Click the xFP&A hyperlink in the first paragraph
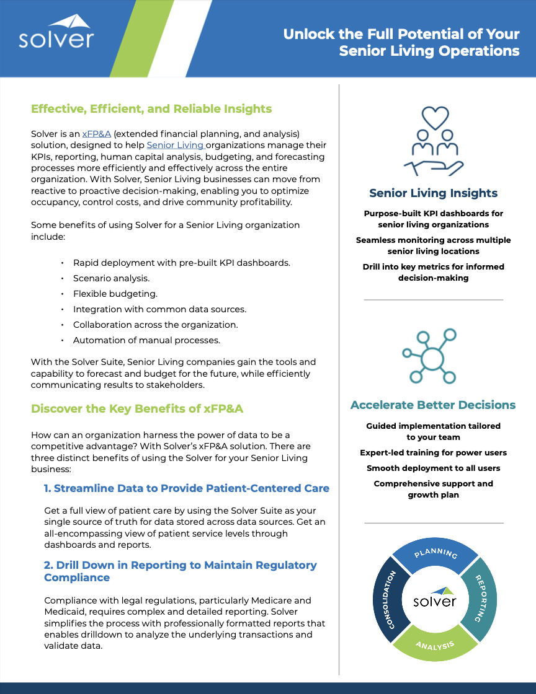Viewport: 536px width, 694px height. [x=96, y=134]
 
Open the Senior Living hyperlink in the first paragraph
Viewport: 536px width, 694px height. [x=176, y=145]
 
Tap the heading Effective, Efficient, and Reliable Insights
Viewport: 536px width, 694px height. [x=151, y=109]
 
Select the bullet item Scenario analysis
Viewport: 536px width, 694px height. [x=111, y=278]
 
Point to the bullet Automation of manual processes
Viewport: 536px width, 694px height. [x=146, y=340]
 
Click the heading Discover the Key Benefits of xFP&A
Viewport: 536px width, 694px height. [x=141, y=408]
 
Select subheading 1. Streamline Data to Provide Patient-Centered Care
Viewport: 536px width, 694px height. [x=186, y=488]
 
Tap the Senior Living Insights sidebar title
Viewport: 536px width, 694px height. [x=433, y=193]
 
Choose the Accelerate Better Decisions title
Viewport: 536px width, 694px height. [x=433, y=405]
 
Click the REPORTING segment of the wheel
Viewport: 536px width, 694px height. [x=480, y=598]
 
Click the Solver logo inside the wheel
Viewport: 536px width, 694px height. [x=435, y=599]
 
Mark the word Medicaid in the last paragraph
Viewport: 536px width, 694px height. [x=65, y=612]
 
